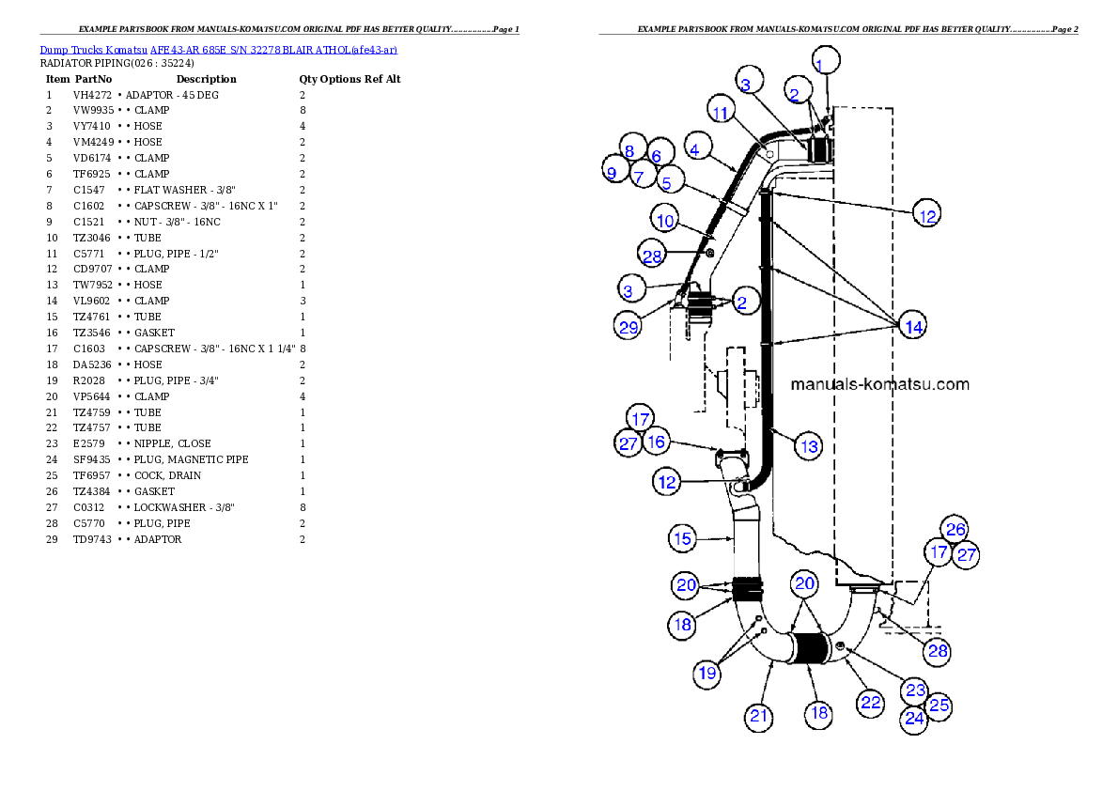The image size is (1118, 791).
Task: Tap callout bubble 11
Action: (721, 113)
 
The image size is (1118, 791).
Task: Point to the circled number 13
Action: (809, 446)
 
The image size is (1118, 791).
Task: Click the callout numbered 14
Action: (913, 326)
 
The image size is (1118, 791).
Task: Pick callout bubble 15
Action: (683, 539)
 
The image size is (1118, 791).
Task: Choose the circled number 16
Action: (656, 441)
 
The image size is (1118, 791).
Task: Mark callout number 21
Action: (759, 717)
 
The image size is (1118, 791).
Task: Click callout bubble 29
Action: (629, 326)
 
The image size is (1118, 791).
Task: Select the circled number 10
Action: (665, 222)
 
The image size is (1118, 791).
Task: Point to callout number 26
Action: (955, 530)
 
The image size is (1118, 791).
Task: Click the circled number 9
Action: (612, 172)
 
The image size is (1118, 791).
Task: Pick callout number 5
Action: (672, 179)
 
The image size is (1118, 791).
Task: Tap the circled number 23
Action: (915, 690)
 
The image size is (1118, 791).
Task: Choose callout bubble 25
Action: (939, 705)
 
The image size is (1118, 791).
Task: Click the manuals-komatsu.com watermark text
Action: (879, 384)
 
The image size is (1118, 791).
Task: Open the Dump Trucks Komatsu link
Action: (218, 49)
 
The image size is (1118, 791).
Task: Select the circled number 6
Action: (657, 156)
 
